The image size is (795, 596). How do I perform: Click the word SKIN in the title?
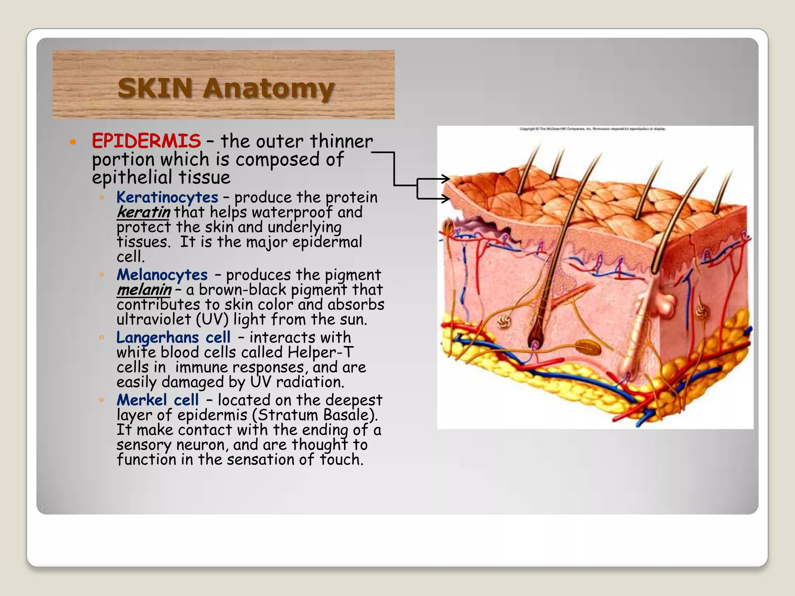coord(155,88)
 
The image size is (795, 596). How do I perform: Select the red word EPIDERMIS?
coord(146,141)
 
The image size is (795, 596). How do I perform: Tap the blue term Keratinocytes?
coord(167,198)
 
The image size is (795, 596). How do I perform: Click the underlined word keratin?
coord(144,212)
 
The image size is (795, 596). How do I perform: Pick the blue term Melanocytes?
coord(162,275)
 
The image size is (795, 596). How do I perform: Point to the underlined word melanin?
coord(144,290)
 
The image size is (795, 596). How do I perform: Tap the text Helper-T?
coord(320,352)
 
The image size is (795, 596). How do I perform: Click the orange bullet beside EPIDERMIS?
coord(73,142)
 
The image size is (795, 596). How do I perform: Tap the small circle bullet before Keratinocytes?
coord(101,198)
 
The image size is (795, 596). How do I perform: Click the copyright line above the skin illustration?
coord(592,129)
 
